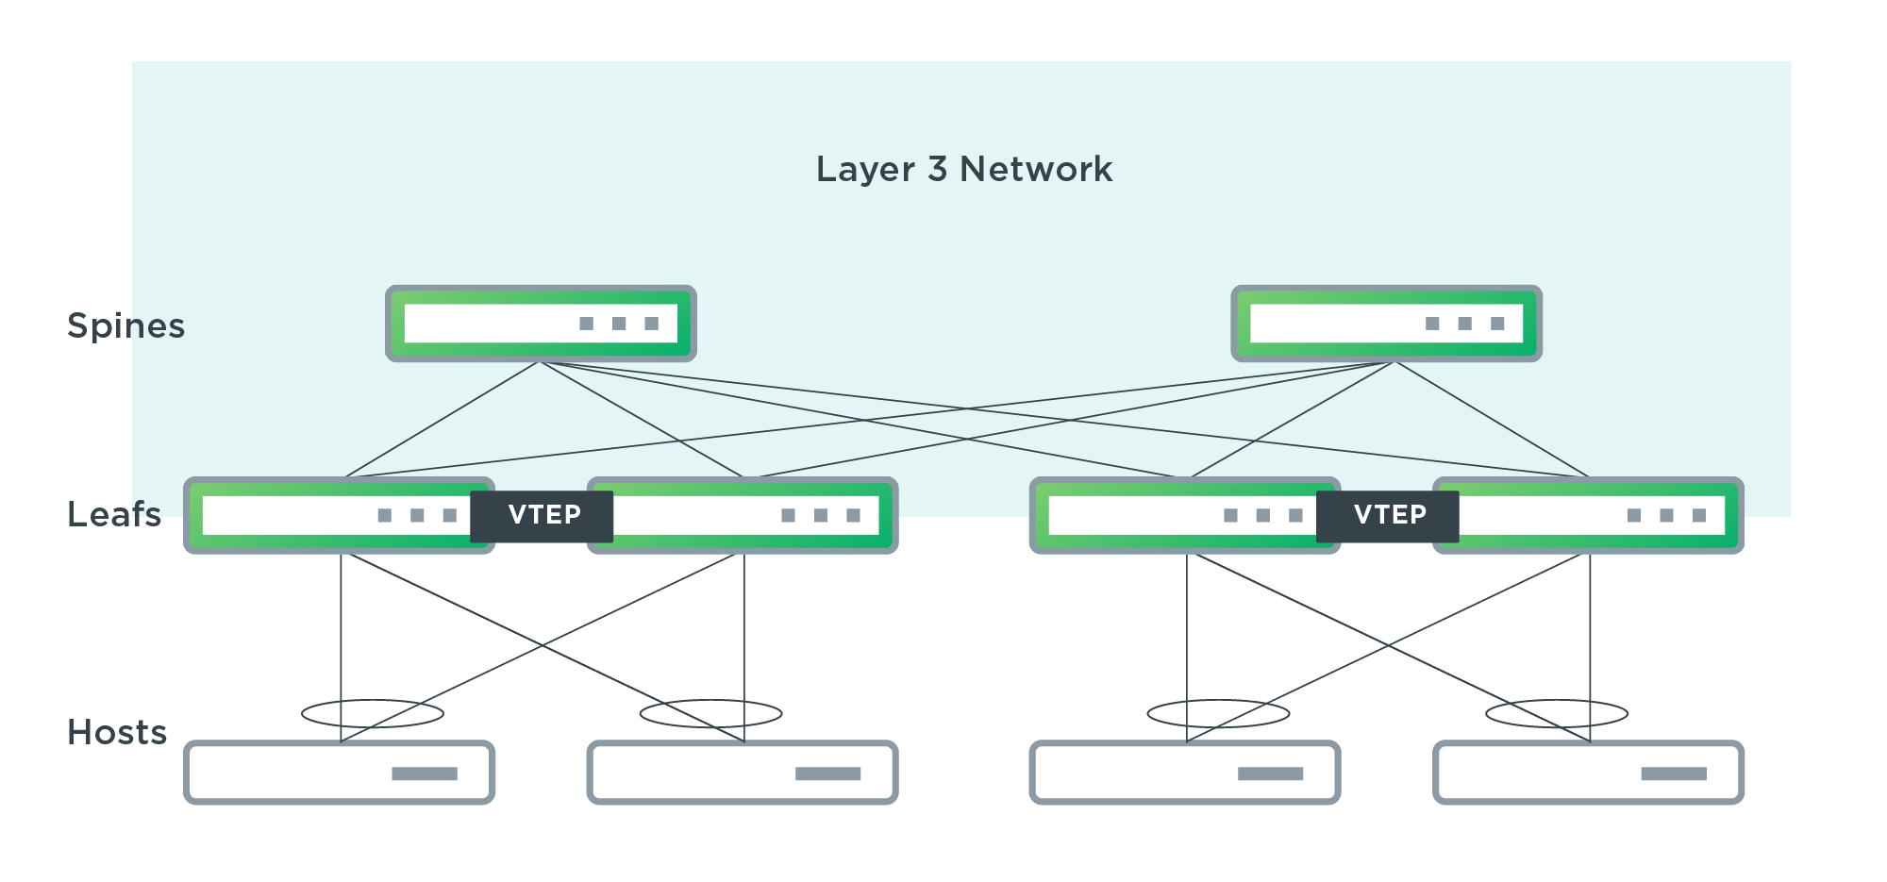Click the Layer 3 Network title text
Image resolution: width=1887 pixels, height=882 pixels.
point(963,170)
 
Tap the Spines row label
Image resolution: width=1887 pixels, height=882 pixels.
point(125,326)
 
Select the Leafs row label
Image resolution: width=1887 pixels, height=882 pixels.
point(114,515)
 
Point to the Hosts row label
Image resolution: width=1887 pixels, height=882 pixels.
point(117,733)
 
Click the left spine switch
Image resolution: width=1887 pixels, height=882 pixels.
point(541,324)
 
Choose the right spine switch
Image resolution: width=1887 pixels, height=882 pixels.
point(1386,324)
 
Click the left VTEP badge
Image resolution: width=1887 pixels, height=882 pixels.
point(543,516)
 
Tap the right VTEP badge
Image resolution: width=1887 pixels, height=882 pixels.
point(1388,516)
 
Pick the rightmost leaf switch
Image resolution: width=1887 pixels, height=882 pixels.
point(1604,516)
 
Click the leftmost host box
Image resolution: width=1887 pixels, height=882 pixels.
point(339,773)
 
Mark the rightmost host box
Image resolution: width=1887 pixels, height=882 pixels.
point(1588,773)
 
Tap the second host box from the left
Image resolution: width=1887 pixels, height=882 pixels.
point(743,773)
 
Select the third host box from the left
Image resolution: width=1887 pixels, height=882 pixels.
point(1185,773)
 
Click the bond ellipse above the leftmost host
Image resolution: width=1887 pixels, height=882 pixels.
point(373,713)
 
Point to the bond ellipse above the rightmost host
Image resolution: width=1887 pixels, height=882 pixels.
point(1557,713)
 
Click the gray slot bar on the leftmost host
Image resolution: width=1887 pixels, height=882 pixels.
point(425,774)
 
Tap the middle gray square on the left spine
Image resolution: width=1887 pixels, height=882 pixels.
point(619,324)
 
